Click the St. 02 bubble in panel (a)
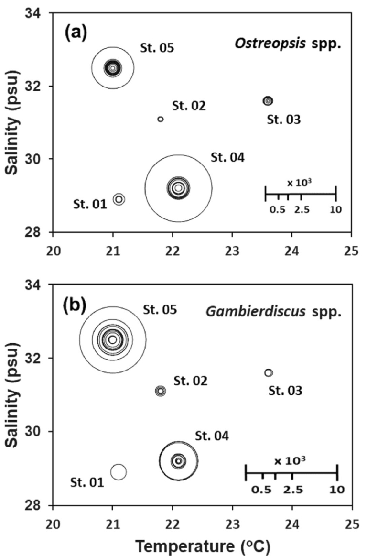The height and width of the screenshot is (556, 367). click(161, 119)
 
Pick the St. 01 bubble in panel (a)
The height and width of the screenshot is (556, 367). click(119, 199)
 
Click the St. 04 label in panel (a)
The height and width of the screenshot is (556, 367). click(227, 157)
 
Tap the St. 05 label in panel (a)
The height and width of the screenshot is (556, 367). click(157, 48)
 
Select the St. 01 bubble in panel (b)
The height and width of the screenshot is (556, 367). click(119, 472)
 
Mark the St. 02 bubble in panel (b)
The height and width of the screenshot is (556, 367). click(161, 391)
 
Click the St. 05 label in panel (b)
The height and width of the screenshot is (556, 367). click(160, 310)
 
